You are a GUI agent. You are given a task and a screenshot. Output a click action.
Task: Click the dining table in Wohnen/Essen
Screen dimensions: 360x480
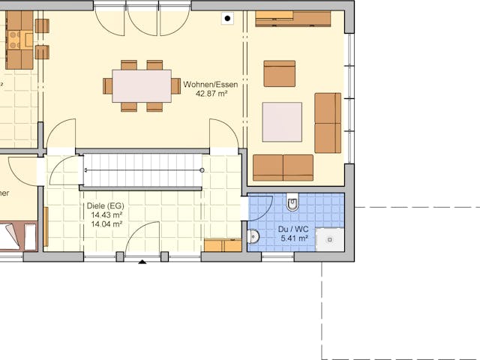coord(142,85)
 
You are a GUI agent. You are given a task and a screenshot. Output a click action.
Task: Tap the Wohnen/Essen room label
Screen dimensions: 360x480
coord(217,85)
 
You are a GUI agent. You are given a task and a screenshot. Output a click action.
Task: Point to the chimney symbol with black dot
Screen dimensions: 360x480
coord(227,18)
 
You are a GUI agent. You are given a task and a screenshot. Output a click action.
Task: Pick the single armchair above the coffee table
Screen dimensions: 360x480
coord(279,73)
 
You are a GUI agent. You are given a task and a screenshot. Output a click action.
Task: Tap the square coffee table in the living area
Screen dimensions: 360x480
coord(282,122)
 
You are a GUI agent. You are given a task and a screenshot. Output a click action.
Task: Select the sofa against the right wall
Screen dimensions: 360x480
coord(328,123)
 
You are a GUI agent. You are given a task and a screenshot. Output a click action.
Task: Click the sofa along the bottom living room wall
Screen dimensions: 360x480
coord(283,167)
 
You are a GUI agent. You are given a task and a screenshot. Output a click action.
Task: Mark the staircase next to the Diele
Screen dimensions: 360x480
coord(142,171)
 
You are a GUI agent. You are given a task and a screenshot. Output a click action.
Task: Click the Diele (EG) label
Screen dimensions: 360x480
coord(106,205)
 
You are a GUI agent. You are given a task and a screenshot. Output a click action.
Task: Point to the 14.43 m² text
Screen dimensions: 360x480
coord(106,214)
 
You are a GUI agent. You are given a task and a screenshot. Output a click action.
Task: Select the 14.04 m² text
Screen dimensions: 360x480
coord(106,223)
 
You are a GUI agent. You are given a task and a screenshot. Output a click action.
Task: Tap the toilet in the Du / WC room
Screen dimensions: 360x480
coord(292,202)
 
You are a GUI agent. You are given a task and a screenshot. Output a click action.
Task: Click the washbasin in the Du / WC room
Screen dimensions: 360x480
coord(253,237)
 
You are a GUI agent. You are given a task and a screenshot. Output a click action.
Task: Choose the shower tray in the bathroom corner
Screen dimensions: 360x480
coord(330,239)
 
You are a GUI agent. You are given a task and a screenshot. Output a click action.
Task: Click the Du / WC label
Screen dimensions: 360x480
coord(294,229)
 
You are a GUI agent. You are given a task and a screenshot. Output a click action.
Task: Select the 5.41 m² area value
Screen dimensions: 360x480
coord(294,238)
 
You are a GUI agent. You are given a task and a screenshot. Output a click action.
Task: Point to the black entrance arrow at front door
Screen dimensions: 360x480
coord(142,262)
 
